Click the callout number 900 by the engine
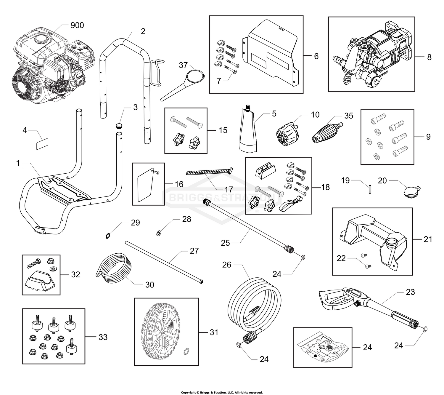(77, 25)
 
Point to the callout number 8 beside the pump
(429, 57)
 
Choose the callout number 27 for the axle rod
(194, 251)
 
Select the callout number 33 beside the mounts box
(103, 337)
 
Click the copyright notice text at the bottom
(222, 392)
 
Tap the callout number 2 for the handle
(143, 31)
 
